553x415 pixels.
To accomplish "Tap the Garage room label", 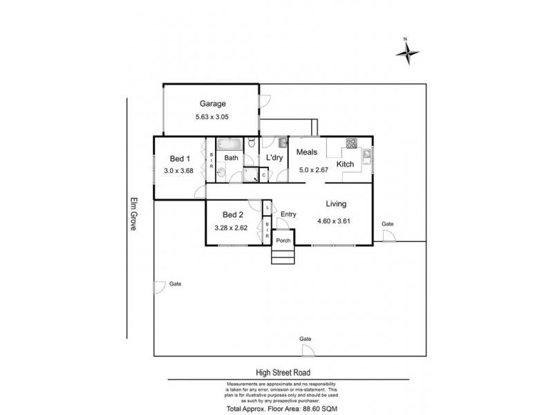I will (x=212, y=104).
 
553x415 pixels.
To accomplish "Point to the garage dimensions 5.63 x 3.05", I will (x=212, y=118).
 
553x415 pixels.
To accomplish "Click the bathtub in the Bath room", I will (x=227, y=145).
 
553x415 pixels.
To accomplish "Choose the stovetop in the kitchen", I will (x=351, y=144).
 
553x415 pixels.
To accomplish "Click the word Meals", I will (x=307, y=151).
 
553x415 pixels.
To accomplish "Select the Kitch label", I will (x=346, y=164).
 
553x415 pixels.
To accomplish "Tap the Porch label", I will (x=283, y=241).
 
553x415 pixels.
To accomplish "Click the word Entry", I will (x=288, y=214).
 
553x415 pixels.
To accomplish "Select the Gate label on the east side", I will (x=387, y=225).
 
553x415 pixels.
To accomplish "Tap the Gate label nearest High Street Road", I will (x=305, y=339).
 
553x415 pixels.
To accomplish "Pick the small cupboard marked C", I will (x=264, y=176).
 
